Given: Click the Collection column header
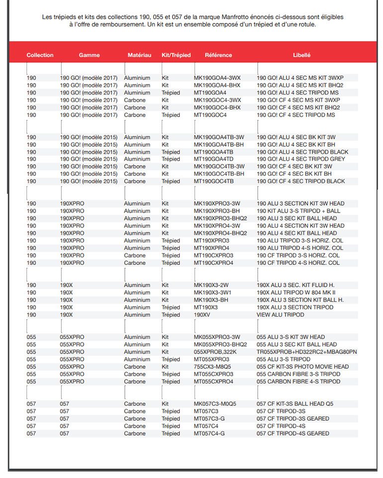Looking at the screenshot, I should (x=40, y=55).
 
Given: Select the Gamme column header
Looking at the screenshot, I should (x=89, y=55).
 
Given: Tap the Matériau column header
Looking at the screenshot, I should (x=139, y=55).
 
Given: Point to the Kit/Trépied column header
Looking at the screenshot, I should (x=176, y=55).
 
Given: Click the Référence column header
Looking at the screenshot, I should (x=218, y=55).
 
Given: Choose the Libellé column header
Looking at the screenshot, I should (x=301, y=55).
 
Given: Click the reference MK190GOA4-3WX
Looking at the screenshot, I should (x=217, y=78).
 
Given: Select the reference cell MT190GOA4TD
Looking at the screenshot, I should (x=213, y=159).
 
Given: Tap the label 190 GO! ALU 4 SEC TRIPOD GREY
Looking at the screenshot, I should (x=300, y=159).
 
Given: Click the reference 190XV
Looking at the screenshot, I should (x=202, y=315).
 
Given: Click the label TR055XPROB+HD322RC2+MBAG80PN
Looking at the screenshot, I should (x=306, y=352).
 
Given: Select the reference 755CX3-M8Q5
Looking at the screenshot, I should (x=212, y=367).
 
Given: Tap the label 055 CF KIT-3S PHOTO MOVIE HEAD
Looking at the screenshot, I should (x=302, y=367).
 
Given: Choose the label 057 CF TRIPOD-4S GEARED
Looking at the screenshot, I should (x=292, y=434).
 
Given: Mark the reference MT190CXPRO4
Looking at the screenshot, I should (x=213, y=263).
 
